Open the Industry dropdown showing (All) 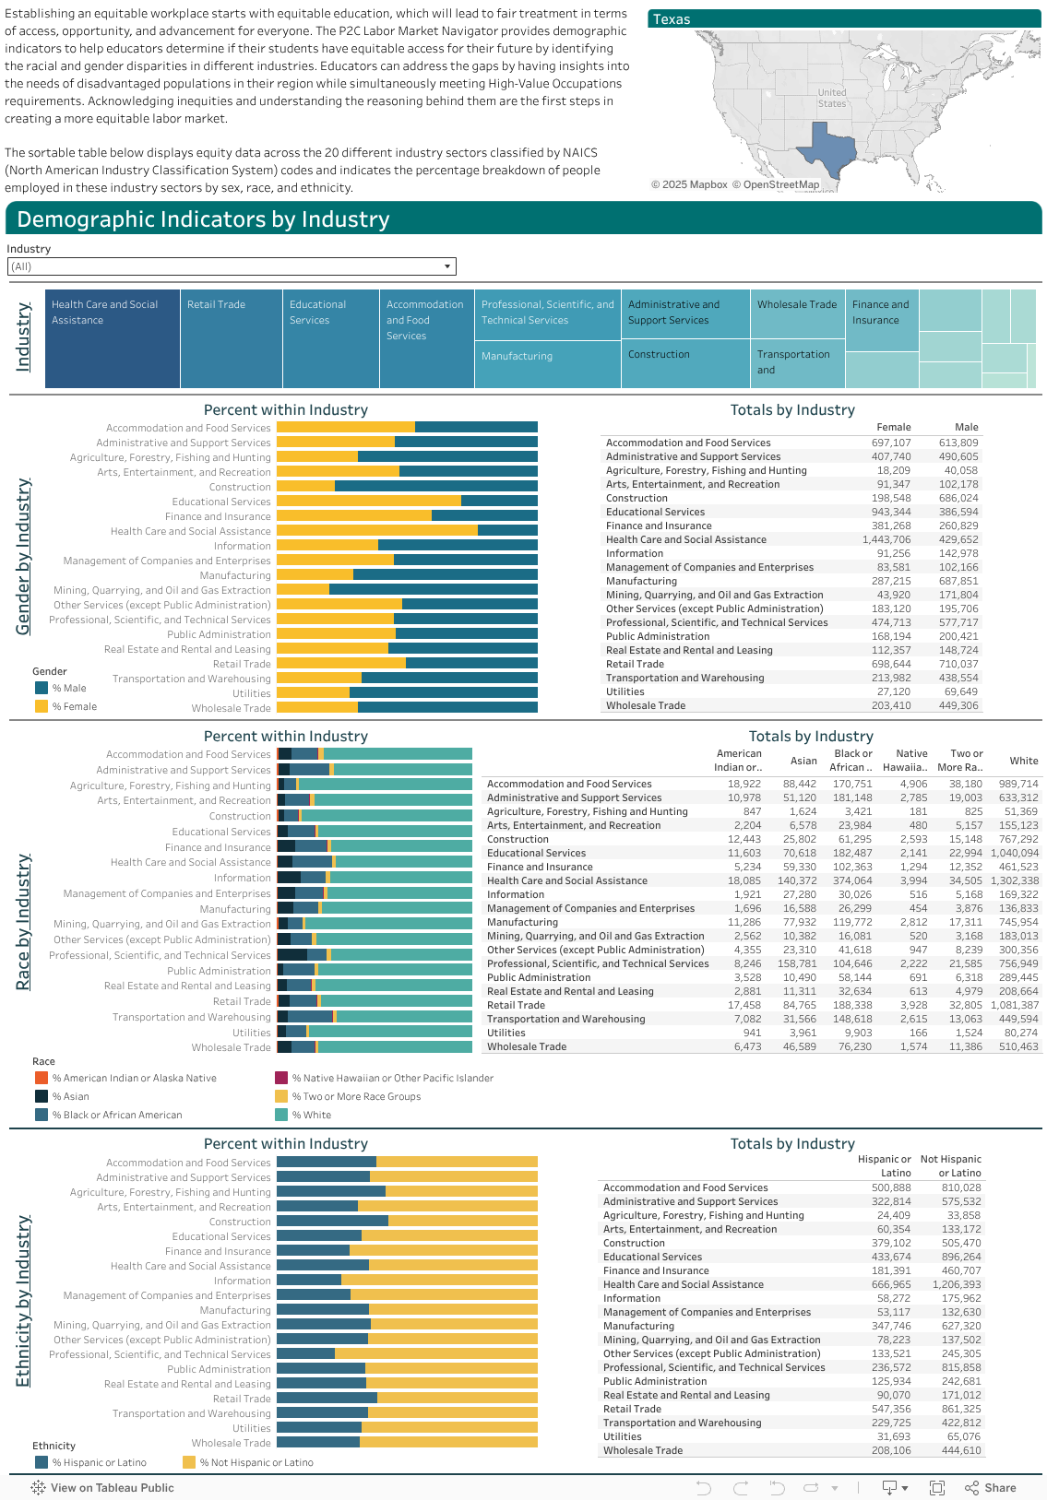232,266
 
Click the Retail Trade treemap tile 231,338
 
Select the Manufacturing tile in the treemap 548,364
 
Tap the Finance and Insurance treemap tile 882,320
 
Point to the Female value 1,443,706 886,540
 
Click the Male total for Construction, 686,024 958,499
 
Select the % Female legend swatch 42,706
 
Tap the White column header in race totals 1023,762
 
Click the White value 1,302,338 1014,881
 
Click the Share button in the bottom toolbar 991,1488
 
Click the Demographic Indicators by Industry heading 203,219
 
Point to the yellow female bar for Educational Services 368,502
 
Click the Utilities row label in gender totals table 625,692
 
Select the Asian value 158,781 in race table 799,964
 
